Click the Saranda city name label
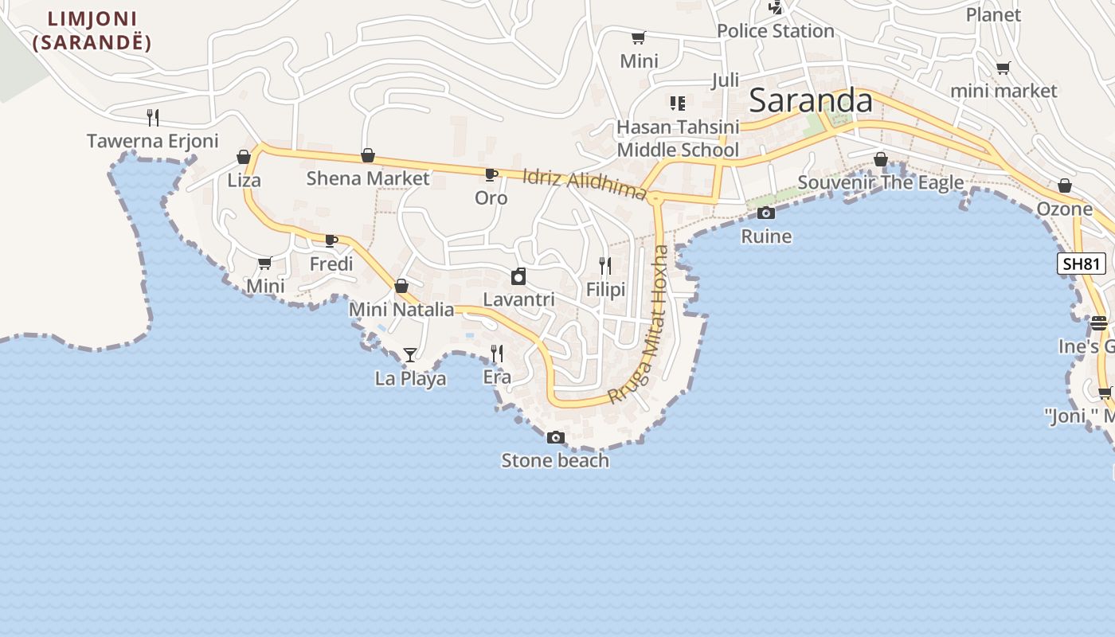click(811, 101)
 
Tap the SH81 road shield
click(1082, 264)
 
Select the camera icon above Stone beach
click(556, 437)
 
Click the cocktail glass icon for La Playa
click(410, 354)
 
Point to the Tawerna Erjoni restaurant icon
click(153, 117)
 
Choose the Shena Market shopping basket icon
click(368, 155)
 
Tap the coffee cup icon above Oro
click(491, 174)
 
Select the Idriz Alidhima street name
click(584, 184)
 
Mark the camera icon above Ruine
click(766, 213)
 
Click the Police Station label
click(775, 31)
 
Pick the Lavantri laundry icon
click(518, 276)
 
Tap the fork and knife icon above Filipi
click(605, 265)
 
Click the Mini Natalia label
click(401, 309)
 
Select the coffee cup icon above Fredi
click(331, 240)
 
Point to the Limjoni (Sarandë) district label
click(92, 30)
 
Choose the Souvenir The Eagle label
click(880, 182)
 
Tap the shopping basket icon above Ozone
click(1065, 186)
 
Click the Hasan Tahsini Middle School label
click(678, 139)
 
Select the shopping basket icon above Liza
click(244, 157)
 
